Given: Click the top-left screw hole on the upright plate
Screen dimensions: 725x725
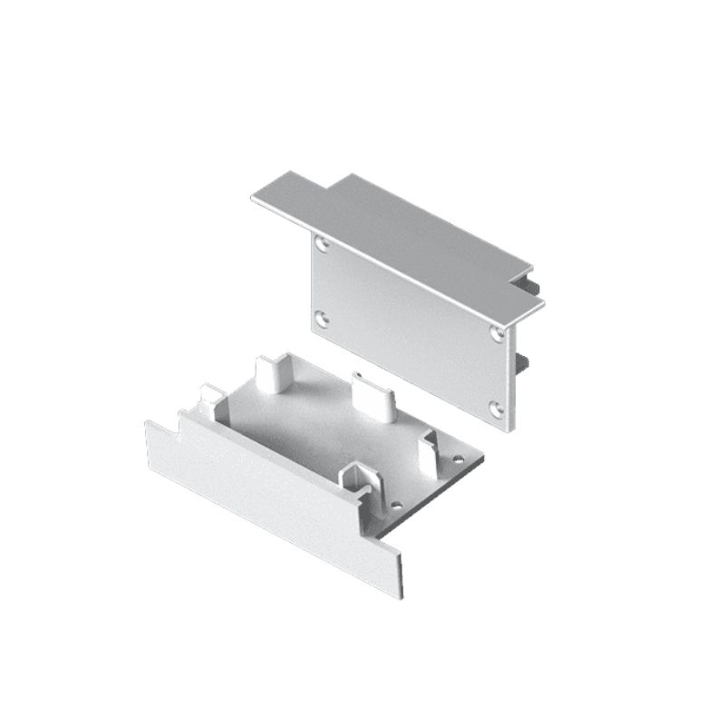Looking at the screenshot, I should [323, 243].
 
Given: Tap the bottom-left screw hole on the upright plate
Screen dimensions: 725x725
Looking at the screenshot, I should [322, 318].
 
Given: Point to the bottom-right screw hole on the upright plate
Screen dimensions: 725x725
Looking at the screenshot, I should [497, 409].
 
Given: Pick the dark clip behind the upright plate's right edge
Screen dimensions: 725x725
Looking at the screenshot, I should [523, 363].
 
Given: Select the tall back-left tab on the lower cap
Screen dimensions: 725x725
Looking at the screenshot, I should [268, 373].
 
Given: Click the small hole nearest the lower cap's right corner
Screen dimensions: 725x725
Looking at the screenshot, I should [458, 459].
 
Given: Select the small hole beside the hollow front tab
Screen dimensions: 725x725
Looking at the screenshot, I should [396, 503].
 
